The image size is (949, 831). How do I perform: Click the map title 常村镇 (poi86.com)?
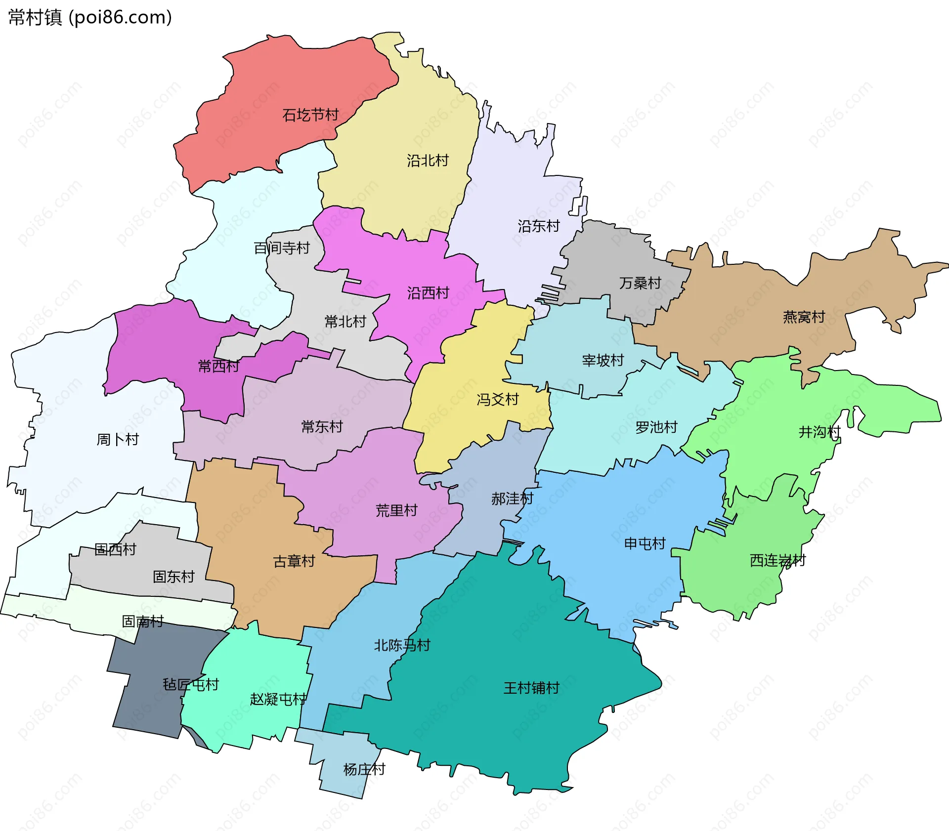[90, 18]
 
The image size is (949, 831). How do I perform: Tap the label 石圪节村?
[310, 115]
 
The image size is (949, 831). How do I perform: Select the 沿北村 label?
[428, 161]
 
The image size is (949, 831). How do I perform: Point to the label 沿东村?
[538, 226]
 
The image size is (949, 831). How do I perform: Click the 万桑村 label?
[640, 283]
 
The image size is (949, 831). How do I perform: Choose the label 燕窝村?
[804, 317]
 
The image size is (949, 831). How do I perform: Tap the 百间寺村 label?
[282, 248]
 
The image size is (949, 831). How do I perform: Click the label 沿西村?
[428, 293]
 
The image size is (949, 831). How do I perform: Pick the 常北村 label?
[345, 322]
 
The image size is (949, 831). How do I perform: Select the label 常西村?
[218, 366]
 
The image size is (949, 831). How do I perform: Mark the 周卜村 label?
[118, 439]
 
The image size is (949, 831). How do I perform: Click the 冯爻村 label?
[497, 399]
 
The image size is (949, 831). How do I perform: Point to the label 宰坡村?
[603, 360]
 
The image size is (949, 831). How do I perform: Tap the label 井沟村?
[820, 432]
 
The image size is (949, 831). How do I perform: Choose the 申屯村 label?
[645, 543]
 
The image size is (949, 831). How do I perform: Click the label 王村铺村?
[531, 688]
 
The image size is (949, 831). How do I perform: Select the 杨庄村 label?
[364, 769]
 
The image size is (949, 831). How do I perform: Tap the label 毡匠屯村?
[191, 684]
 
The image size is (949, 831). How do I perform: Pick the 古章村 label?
[294, 561]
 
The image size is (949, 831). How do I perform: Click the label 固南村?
[143, 621]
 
